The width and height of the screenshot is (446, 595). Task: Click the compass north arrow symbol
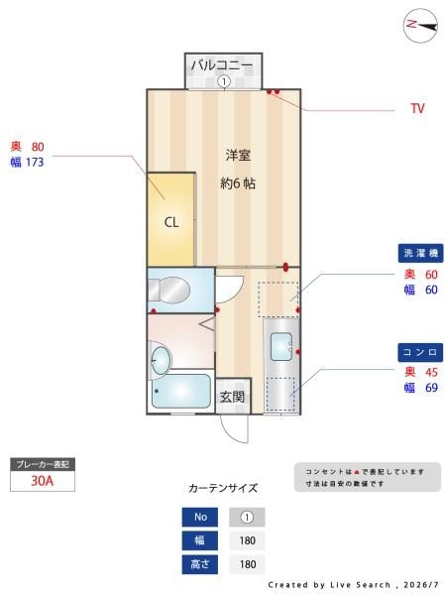tap(420, 26)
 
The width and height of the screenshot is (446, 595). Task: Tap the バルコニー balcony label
tap(222, 65)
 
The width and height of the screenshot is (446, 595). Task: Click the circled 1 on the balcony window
tap(224, 81)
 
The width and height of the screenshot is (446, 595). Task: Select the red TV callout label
tap(417, 108)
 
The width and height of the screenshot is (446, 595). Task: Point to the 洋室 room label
tap(238, 156)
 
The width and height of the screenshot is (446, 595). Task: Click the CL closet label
tap(171, 222)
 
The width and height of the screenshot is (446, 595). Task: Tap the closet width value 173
tap(35, 163)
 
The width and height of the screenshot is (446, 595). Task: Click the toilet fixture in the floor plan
tap(168, 291)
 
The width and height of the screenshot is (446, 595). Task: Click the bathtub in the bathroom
tap(181, 391)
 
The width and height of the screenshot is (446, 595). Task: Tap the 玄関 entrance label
tap(232, 397)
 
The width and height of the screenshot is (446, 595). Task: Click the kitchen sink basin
tap(281, 346)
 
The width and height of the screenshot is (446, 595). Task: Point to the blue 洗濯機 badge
tap(420, 253)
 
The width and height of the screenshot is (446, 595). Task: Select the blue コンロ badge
tap(420, 352)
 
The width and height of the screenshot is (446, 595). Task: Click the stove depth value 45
tap(431, 372)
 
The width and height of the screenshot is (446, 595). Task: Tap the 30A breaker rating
tap(42, 481)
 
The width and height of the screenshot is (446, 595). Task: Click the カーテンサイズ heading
tap(223, 488)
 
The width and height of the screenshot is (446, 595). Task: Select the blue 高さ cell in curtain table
tap(200, 564)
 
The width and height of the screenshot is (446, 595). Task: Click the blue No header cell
tap(200, 517)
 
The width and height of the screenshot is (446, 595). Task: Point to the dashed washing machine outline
tap(278, 299)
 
